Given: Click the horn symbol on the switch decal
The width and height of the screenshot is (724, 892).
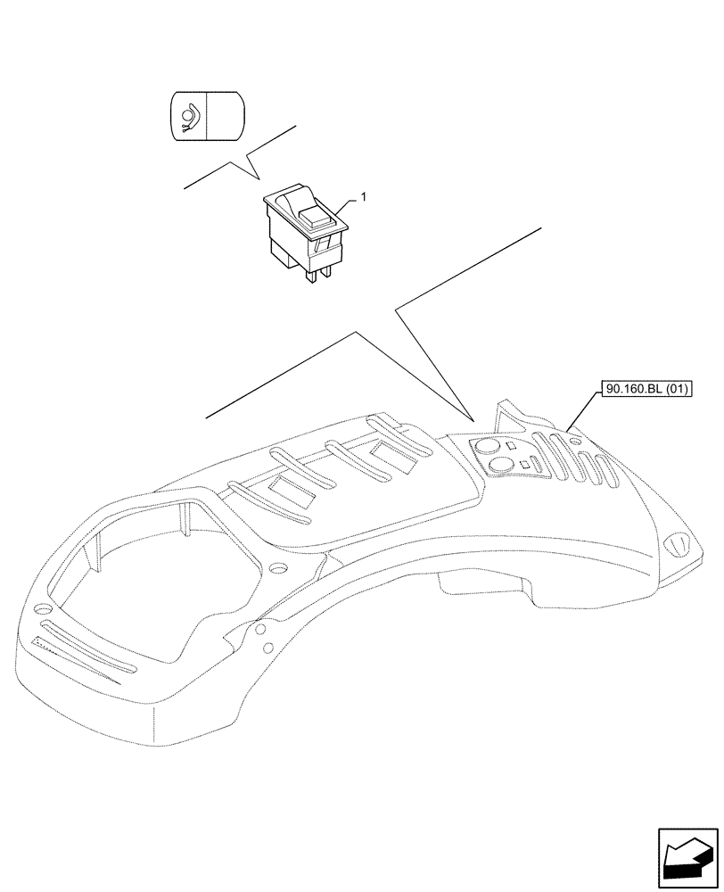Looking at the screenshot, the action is click(x=187, y=114).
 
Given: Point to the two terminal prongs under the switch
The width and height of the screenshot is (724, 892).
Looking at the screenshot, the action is click(x=318, y=273).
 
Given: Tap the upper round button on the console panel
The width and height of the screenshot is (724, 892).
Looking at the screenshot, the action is click(x=488, y=448).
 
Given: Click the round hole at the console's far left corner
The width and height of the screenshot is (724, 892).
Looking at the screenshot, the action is click(x=38, y=610).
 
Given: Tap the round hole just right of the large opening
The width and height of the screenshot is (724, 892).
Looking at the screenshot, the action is click(x=276, y=568).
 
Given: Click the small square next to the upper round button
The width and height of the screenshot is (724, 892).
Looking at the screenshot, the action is click(x=510, y=446).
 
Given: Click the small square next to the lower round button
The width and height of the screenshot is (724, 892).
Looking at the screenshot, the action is click(x=526, y=465).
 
